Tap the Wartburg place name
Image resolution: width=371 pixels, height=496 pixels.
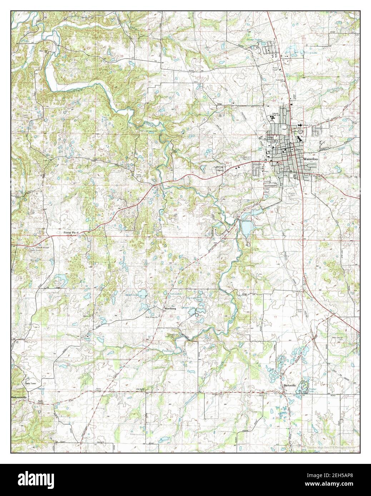pyautogui.click(x=170, y=307)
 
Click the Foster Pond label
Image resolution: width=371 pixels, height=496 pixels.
pyautogui.click(x=71, y=232)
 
